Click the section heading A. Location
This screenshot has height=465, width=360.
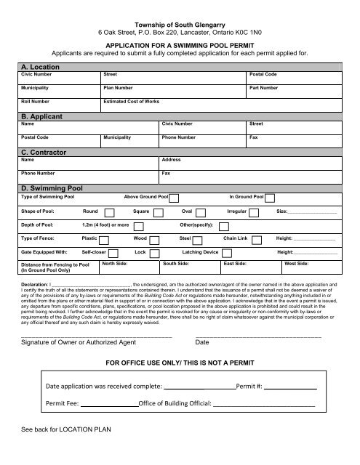coord(41,66)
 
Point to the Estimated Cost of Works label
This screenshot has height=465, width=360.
coord(131,102)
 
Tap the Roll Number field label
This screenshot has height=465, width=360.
coord(35,102)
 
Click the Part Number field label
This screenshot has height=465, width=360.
coord(263,88)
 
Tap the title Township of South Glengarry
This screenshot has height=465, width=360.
coord(180,25)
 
